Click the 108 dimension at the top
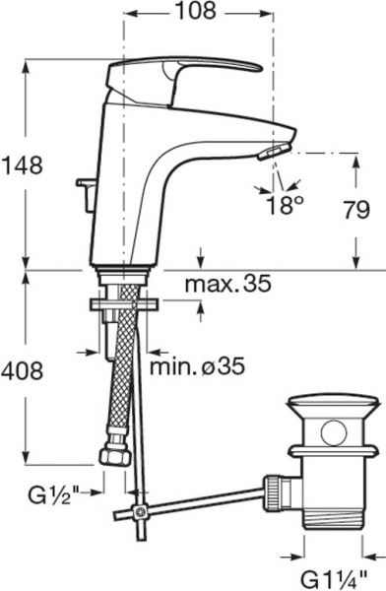196,11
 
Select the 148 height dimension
23,164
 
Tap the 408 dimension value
23,371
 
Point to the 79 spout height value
356,210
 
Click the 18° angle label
285,206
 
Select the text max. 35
228,284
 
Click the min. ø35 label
198,366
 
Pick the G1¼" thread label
334,579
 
